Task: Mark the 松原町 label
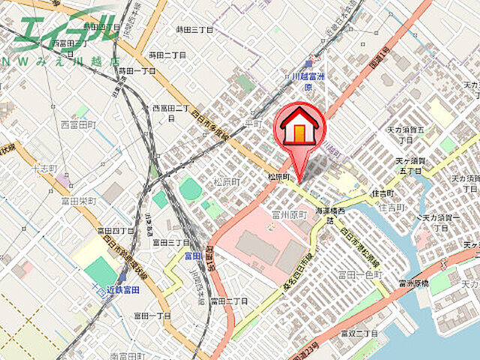pos(226,181)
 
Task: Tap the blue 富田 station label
pos(193,256)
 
